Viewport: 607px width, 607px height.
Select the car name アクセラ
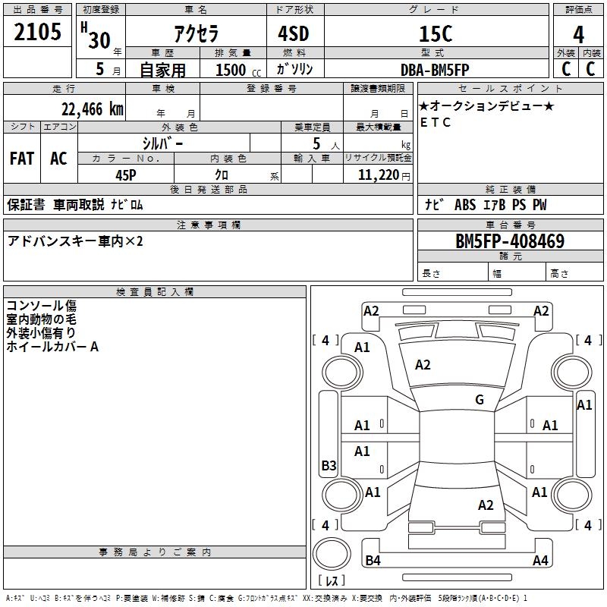pyautogui.click(x=195, y=34)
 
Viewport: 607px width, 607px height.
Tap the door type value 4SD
pyautogui.click(x=294, y=34)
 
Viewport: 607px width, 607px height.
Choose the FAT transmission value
pyautogui.click(x=22, y=158)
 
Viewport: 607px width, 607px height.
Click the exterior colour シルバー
pyautogui.click(x=162, y=143)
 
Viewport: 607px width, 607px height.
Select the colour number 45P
pyautogui.click(x=125, y=175)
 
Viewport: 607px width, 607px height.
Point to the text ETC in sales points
pyautogui.click(x=436, y=122)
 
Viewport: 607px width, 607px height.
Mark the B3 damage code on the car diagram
pyautogui.click(x=329, y=466)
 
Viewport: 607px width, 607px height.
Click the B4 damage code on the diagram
pyautogui.click(x=373, y=561)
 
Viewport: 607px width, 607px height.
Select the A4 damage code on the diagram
pyautogui.click(x=540, y=561)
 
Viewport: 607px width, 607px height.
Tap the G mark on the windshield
pyautogui.click(x=479, y=400)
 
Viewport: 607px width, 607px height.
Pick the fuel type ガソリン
pyautogui.click(x=294, y=70)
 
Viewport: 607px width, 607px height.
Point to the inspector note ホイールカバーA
pyautogui.click(x=53, y=347)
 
